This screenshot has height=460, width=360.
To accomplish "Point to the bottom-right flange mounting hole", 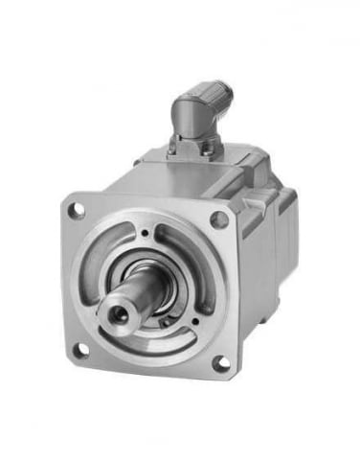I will [x=220, y=362].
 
